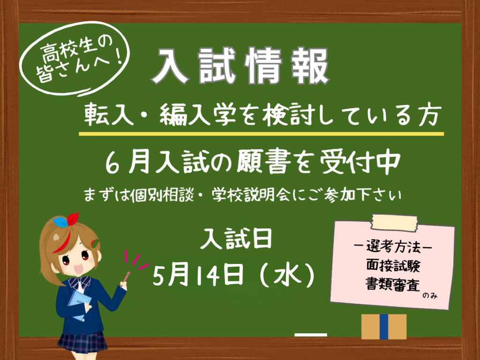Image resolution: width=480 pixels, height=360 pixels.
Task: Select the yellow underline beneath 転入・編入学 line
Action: click(x=261, y=134)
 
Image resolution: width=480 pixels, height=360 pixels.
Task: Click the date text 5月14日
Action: click(x=198, y=275)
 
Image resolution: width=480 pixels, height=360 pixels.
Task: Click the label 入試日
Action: click(x=236, y=239)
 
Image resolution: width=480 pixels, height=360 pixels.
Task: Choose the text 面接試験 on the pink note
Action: click(x=393, y=265)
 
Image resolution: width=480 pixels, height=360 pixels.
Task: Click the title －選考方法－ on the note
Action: click(x=393, y=247)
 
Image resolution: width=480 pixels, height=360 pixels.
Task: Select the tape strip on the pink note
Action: click(x=394, y=223)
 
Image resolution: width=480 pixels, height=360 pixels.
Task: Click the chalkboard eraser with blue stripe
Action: click(x=384, y=326)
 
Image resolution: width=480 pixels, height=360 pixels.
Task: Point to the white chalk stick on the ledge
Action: click(x=311, y=335)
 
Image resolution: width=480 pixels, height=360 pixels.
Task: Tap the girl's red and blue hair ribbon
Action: click(x=66, y=220)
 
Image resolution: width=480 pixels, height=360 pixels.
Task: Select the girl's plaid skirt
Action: click(x=82, y=342)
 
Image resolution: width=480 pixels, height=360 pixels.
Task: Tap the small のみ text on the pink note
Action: click(x=430, y=295)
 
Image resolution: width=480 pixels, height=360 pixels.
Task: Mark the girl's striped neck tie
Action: click(x=80, y=285)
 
